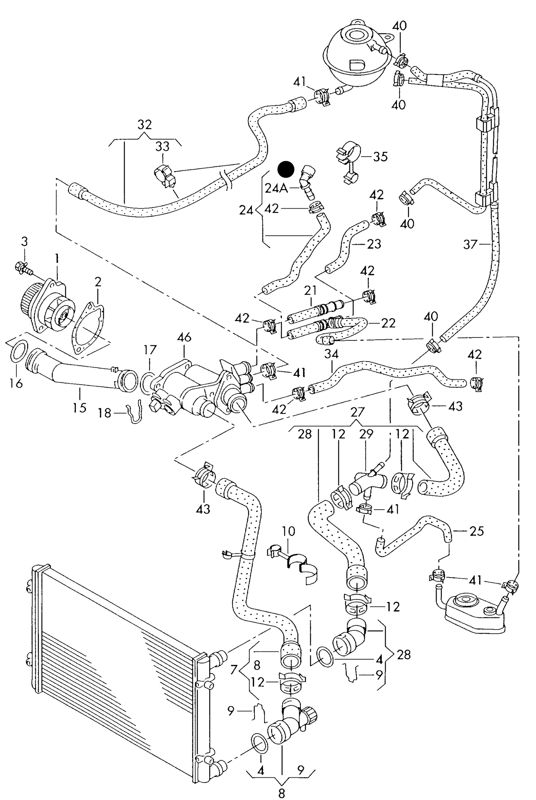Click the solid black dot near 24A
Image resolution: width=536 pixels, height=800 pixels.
click(286, 169)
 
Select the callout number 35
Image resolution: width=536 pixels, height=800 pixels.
click(380, 156)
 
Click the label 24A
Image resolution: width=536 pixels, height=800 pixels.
click(276, 189)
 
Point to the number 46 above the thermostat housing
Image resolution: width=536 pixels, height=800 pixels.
click(184, 337)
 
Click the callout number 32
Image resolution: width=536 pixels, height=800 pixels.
click(144, 124)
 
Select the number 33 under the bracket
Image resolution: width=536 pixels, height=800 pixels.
click(162, 147)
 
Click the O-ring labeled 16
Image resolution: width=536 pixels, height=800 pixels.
click(17, 352)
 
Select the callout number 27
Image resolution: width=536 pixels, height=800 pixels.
click(357, 412)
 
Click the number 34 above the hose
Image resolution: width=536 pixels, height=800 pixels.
click(331, 354)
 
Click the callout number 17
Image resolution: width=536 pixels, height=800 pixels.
click(150, 350)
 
